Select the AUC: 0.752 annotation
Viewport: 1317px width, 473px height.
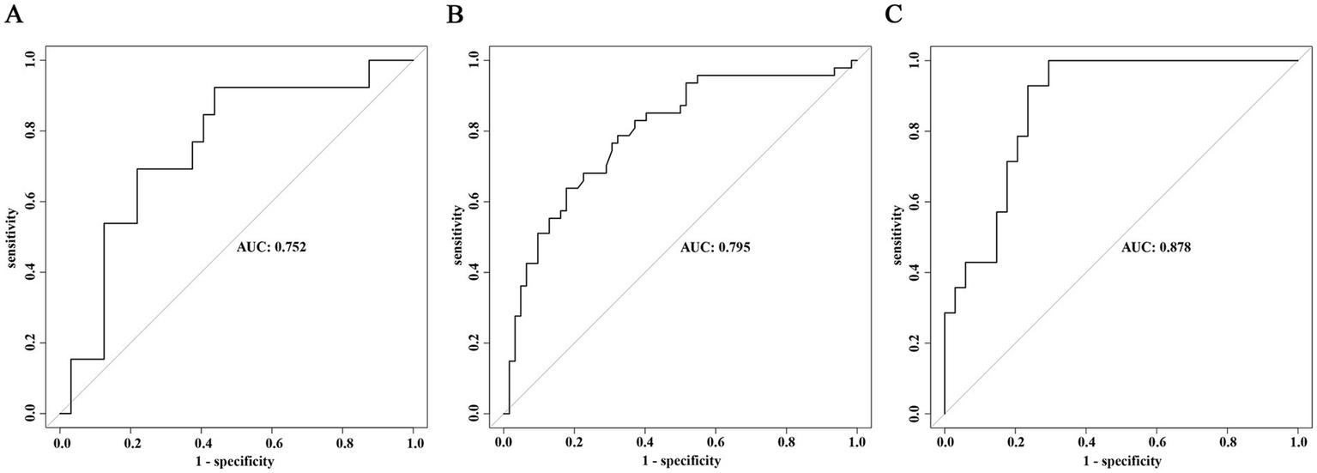coord(272,248)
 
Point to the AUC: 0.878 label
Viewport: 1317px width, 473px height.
coord(1156,248)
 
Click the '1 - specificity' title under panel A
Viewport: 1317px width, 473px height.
coord(237,462)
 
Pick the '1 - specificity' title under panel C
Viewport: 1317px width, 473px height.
coord(1121,462)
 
